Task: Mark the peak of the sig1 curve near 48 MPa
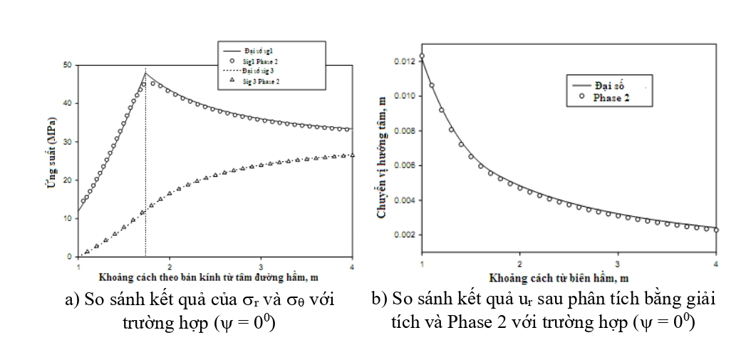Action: (145, 73)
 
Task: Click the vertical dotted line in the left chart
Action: (145, 178)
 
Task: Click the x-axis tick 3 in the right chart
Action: (618, 264)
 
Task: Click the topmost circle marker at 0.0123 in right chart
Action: (422, 56)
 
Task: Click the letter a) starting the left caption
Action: (70, 300)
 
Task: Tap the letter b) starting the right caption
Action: (378, 300)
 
